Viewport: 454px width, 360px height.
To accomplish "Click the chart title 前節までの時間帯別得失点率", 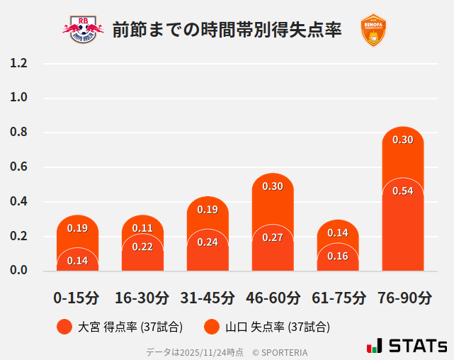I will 227,30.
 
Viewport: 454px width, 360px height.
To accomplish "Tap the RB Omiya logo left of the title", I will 83,30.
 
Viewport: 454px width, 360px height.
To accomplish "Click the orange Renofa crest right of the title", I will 373,30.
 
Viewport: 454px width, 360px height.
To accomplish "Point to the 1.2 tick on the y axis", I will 18,63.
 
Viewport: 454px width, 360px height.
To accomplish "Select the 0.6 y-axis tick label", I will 18,167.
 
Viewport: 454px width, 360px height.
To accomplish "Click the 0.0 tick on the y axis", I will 18,270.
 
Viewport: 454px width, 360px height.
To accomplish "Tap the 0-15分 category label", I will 76,298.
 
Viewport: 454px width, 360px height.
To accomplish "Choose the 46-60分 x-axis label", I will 273,298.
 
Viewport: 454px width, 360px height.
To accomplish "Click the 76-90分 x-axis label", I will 403,298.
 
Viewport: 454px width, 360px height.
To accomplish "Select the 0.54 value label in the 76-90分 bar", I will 403,191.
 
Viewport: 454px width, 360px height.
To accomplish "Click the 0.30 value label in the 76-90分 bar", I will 403,140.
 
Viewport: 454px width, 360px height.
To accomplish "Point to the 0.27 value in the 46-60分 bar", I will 273,237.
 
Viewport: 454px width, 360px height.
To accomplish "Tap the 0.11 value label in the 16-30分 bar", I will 142,228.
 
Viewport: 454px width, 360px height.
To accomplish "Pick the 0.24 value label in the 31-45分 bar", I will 208,242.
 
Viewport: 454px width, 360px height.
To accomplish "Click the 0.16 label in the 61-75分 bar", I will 338,256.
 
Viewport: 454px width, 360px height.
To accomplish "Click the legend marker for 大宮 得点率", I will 64,327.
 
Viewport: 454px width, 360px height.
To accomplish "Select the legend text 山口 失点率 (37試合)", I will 277,327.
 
